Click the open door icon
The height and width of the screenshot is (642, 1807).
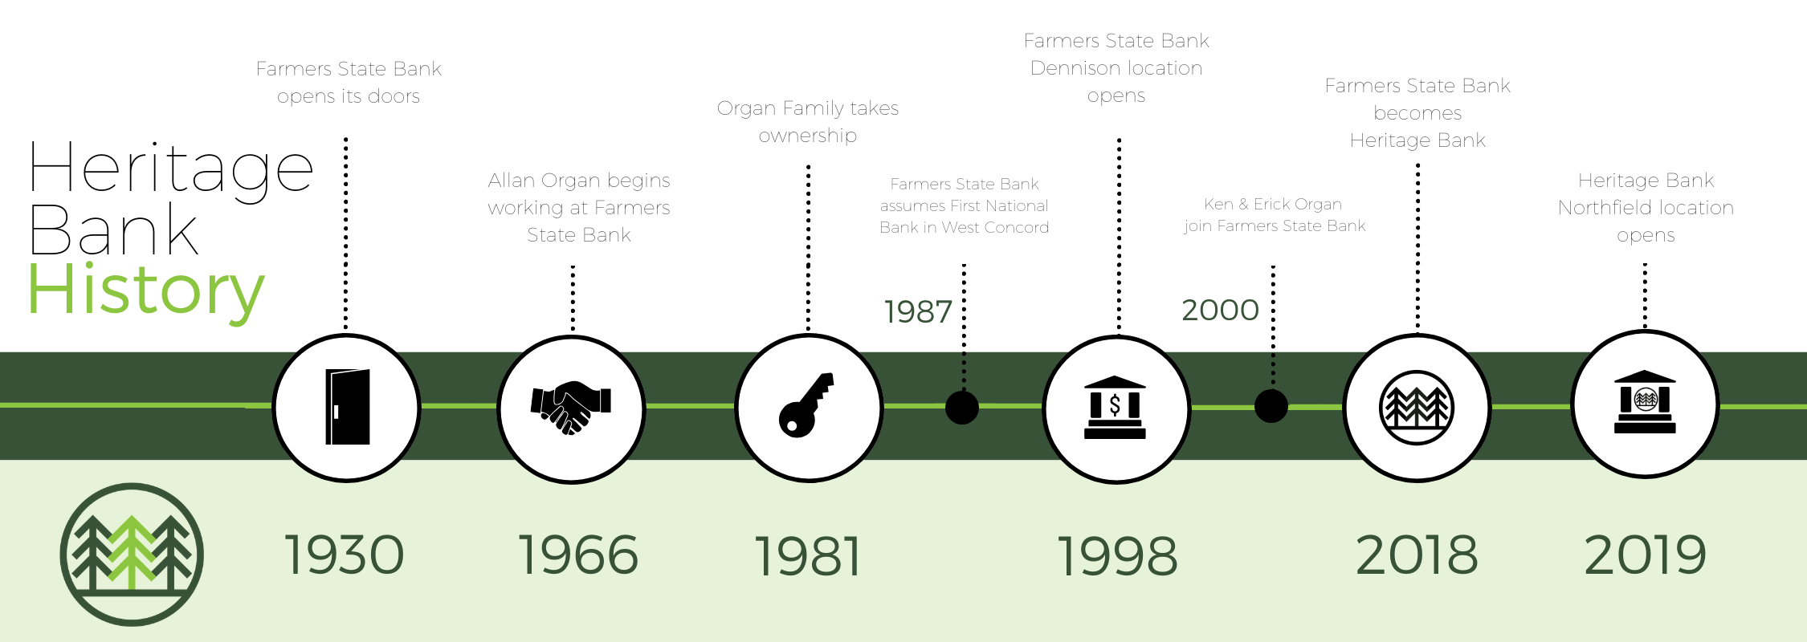click(347, 407)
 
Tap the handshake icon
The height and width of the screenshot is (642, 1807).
click(571, 407)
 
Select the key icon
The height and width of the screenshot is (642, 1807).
click(806, 405)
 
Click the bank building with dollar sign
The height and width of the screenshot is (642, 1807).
click(1115, 407)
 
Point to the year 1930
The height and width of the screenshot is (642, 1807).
click(345, 555)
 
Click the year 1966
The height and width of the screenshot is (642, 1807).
click(578, 555)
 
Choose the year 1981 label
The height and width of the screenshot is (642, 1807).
click(808, 556)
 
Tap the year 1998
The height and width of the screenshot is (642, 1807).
click(1117, 556)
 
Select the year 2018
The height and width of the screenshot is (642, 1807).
click(1417, 555)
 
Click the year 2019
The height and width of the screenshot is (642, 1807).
click(1646, 555)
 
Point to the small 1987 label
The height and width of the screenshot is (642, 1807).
click(918, 311)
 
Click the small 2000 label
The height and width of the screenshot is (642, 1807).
click(1220, 310)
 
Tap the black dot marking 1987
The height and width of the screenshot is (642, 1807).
click(962, 407)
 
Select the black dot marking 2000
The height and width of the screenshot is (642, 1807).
click(1271, 406)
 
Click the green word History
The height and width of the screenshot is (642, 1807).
click(146, 292)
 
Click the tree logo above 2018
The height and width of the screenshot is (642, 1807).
click(1417, 408)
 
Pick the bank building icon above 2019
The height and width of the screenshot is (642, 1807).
click(1645, 402)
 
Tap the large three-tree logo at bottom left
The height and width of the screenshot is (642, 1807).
click(132, 555)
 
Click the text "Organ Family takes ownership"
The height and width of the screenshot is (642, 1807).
click(808, 122)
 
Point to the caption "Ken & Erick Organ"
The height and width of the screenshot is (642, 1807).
click(1273, 204)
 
